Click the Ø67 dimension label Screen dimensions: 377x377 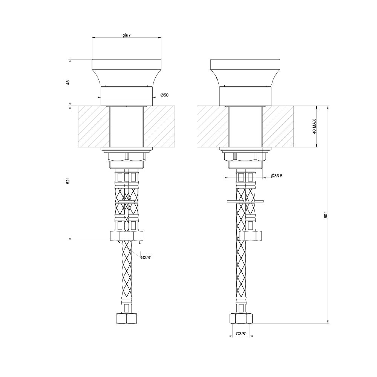pos(126,35)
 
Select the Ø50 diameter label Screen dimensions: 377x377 pos(164,95)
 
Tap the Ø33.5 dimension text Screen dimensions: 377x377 pos(276,176)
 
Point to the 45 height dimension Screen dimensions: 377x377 pos(68,82)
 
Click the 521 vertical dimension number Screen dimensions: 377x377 pos(68,181)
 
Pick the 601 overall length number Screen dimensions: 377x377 pos(326,215)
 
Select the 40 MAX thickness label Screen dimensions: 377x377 pos(314,126)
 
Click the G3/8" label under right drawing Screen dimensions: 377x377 pos(241,334)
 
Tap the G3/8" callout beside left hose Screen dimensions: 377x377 pos(146,257)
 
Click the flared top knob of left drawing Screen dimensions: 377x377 pos(127,72)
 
